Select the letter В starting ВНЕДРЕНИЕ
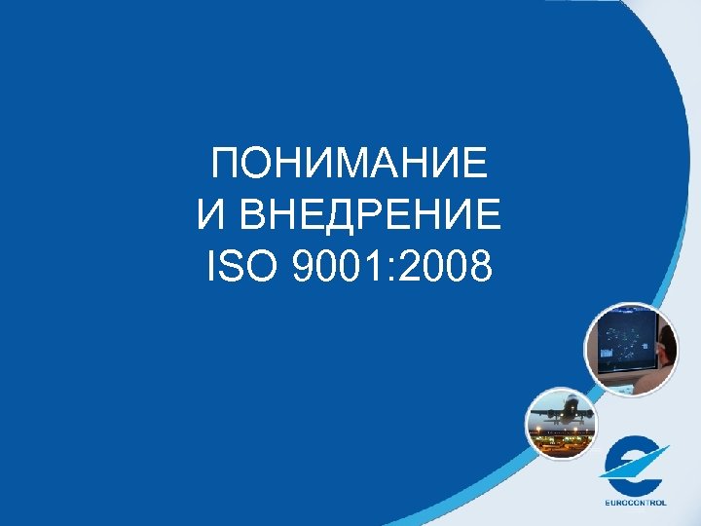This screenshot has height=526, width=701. tap(262, 215)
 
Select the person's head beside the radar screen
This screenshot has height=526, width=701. tap(666, 343)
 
